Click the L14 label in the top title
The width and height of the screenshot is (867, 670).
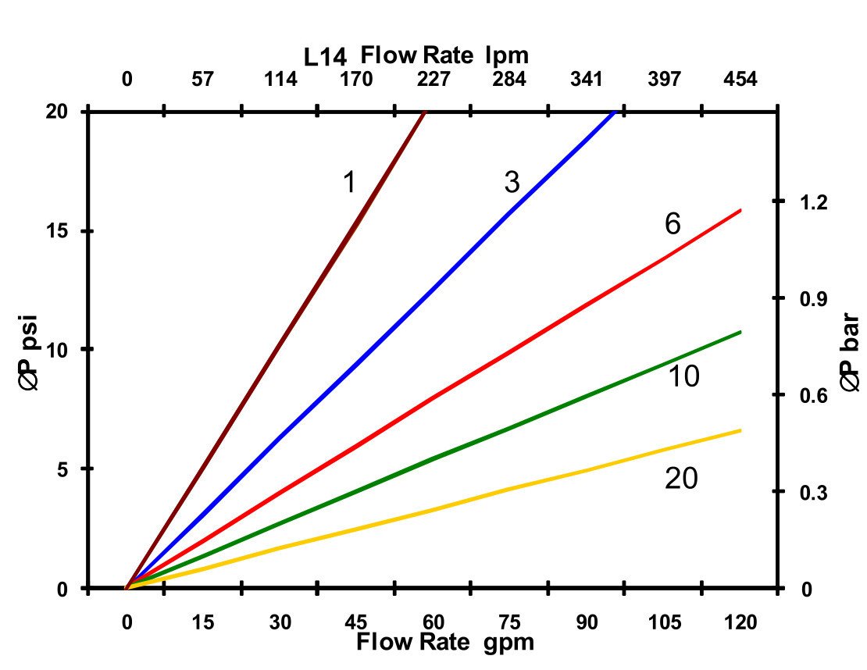pyautogui.click(x=326, y=56)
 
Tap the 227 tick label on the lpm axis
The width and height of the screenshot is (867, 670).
pyautogui.click(x=433, y=80)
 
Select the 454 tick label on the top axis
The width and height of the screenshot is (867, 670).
pyautogui.click(x=740, y=80)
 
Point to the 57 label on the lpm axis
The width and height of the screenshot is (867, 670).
pyautogui.click(x=202, y=80)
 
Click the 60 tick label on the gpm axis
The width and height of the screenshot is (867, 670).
pyautogui.click(x=433, y=622)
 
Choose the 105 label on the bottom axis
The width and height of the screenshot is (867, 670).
pyautogui.click(x=665, y=622)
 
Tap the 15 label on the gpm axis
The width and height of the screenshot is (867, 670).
pyautogui.click(x=202, y=622)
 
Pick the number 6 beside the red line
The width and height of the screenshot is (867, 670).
pyautogui.click(x=673, y=224)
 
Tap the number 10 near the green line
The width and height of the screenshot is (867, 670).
pyautogui.click(x=683, y=377)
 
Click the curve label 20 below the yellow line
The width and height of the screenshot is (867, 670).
pyautogui.click(x=681, y=479)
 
